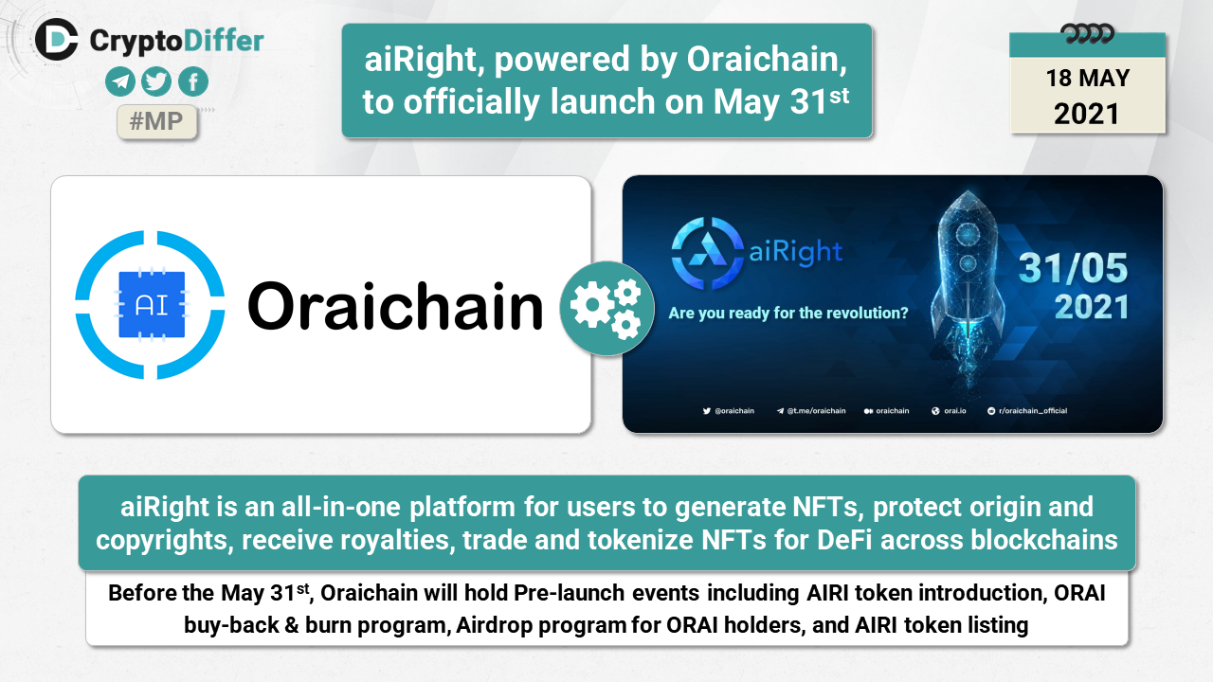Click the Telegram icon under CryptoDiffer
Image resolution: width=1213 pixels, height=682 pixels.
[x=120, y=81]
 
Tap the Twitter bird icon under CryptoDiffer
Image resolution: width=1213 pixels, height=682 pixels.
[x=156, y=81]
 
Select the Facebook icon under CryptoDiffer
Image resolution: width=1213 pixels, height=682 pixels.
[x=193, y=81]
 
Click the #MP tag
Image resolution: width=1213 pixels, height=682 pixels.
[x=156, y=121]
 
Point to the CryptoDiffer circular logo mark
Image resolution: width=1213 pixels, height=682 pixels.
[x=56, y=39]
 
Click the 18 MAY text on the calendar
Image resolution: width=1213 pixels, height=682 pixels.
[x=1087, y=78]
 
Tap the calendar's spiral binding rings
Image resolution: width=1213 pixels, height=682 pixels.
[x=1087, y=33]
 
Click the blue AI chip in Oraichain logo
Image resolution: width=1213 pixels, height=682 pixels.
[x=152, y=305]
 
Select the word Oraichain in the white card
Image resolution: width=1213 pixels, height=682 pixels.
[x=395, y=306]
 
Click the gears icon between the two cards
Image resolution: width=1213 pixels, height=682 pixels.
[x=606, y=308]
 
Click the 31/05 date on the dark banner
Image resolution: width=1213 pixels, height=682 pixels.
[x=1073, y=268]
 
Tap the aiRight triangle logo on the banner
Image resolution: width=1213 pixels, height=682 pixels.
[x=707, y=253]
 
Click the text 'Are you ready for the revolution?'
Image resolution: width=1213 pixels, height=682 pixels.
[x=788, y=313]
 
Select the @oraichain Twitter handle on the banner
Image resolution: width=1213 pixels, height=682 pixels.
[x=729, y=411]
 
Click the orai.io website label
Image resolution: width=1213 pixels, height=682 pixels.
[x=949, y=411]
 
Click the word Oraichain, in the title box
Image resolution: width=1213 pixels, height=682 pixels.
[x=767, y=59]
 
